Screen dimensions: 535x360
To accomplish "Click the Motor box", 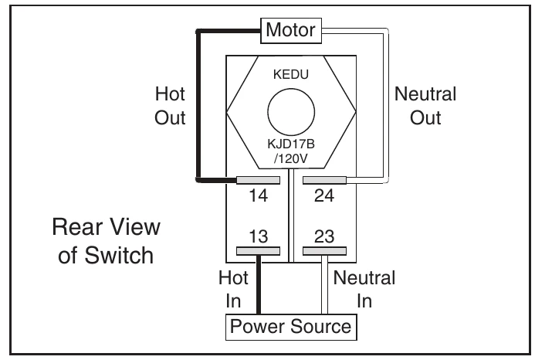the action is tap(291, 31).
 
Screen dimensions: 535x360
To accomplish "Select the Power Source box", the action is tap(291, 328).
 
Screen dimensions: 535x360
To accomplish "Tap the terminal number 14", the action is tap(259, 195).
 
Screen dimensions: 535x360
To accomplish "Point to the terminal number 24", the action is tap(323, 195).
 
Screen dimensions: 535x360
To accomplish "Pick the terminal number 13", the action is tap(259, 236).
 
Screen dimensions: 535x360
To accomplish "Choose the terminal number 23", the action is tap(324, 236).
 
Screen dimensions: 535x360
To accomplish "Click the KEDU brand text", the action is tap(291, 74).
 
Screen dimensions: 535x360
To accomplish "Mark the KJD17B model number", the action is tap(291, 144).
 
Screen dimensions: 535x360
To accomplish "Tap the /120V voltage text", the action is tap(291, 158).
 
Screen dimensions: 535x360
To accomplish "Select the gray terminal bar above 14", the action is tap(259, 180).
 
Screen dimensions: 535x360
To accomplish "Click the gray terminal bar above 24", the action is tap(324, 180).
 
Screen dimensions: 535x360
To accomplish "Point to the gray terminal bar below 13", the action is tap(259, 251).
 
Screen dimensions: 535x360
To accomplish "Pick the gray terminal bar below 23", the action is tap(324, 251).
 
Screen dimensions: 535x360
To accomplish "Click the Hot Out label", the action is tap(170, 106).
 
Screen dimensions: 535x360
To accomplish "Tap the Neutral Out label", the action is tap(425, 106).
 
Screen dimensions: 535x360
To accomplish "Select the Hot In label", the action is tap(233, 289).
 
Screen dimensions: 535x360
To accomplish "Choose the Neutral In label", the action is tap(364, 289).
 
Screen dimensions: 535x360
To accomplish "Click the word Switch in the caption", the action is tap(119, 255).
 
